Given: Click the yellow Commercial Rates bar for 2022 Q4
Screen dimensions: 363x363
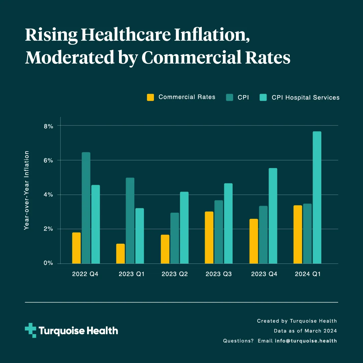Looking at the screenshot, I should (76, 248).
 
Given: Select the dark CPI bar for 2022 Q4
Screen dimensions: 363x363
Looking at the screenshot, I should (86, 208).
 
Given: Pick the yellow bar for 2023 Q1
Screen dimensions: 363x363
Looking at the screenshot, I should (120, 254).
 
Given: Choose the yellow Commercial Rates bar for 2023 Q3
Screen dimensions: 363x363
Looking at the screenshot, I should (209, 238).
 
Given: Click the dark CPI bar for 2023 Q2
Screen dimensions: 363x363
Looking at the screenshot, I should (174, 238).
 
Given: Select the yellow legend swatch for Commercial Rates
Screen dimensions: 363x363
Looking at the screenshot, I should (151, 97).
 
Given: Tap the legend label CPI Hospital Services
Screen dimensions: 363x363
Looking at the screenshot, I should (306, 97).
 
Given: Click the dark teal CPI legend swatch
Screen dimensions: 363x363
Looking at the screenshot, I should (230, 97).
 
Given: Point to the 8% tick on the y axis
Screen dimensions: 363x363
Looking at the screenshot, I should (48, 126).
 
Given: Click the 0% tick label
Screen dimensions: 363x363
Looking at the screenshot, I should (48, 263).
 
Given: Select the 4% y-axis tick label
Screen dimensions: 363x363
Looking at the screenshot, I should (48, 195).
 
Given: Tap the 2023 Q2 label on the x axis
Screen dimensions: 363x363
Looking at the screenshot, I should (174, 274).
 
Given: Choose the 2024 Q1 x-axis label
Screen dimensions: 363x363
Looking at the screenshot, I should (308, 274).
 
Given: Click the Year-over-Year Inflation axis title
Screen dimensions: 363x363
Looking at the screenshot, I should (27, 190).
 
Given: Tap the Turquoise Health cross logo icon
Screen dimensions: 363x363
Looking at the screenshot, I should (30, 330).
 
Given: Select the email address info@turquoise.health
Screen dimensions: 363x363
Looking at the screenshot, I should (306, 341).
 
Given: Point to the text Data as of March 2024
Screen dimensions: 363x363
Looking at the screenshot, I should (305, 331).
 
